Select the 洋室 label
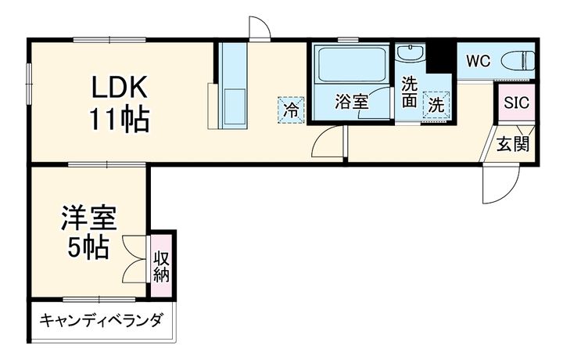(88, 218)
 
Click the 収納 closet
(162, 265)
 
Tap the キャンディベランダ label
(101, 320)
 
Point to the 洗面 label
(410, 93)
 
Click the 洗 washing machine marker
(436, 103)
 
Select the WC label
(478, 61)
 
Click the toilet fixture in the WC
(517, 60)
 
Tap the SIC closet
(516, 103)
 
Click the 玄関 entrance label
(515, 144)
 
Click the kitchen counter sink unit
(232, 86)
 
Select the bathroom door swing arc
(326, 142)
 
